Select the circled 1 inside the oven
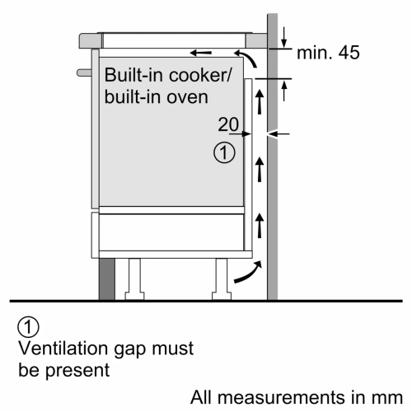pyautogui.click(x=222, y=152)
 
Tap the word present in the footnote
pyautogui.click(x=80, y=368)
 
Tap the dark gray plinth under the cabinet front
pyautogui.click(x=106, y=278)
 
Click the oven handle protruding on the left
pyautogui.click(x=82, y=73)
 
